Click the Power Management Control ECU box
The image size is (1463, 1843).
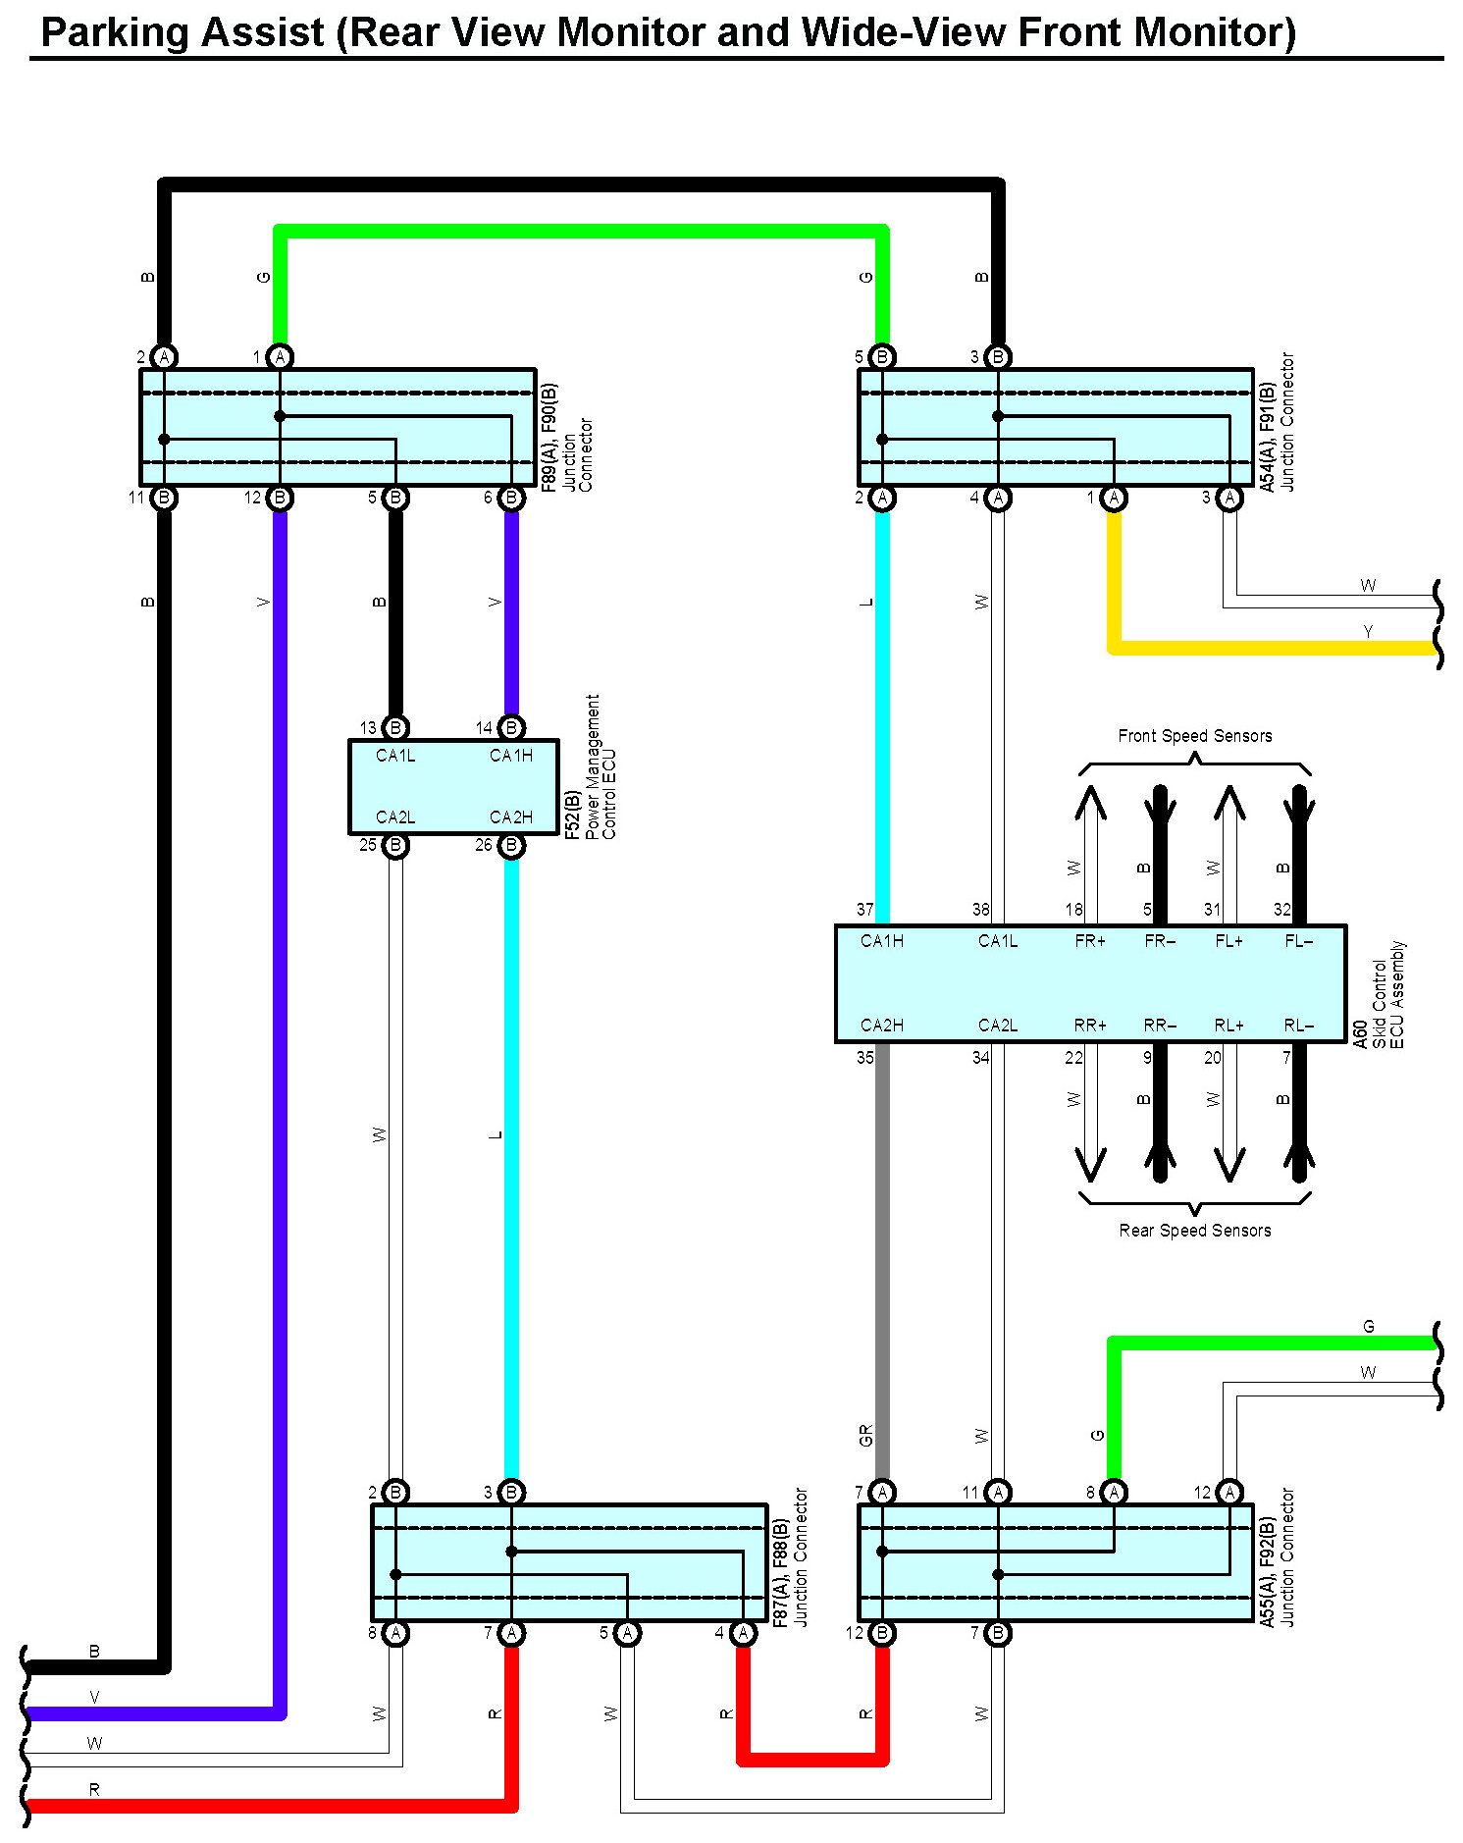click(x=453, y=787)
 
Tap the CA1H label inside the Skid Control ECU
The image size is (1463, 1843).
click(x=881, y=941)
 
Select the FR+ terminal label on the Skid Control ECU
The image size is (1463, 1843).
click(x=1089, y=941)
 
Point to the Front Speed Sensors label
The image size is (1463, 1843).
click(x=1194, y=736)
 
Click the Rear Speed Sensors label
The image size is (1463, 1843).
click(x=1194, y=1231)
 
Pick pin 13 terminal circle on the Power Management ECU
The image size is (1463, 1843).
click(x=395, y=727)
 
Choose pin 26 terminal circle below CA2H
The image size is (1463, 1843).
click(x=511, y=845)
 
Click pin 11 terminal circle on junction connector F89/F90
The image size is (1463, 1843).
click(x=164, y=498)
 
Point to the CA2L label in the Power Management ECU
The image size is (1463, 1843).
click(x=395, y=817)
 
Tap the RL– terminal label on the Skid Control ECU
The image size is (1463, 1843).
click(x=1298, y=1026)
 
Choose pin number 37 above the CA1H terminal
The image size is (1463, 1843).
click(x=864, y=910)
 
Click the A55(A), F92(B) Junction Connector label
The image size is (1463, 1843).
click(x=1278, y=1558)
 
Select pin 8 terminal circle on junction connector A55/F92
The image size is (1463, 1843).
click(x=1114, y=1493)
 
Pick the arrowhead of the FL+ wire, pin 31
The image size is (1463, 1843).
click(x=1228, y=803)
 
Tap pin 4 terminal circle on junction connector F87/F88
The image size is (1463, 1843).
click(x=743, y=1633)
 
